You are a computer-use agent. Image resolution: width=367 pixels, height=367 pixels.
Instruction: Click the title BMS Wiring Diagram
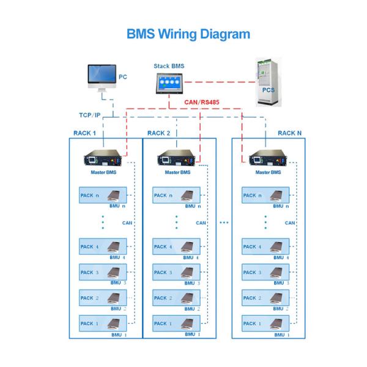tap(188, 33)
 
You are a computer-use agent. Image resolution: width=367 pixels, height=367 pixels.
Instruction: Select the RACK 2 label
tap(159, 133)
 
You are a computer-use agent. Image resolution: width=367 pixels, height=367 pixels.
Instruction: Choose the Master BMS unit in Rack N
tap(267, 160)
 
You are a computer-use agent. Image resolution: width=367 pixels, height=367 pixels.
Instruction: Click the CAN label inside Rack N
tap(290, 223)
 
